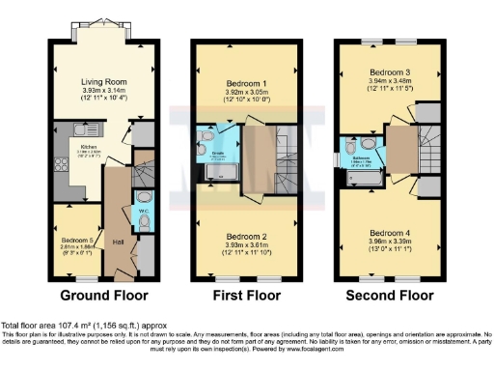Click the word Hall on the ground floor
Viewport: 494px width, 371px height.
pos(119,242)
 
